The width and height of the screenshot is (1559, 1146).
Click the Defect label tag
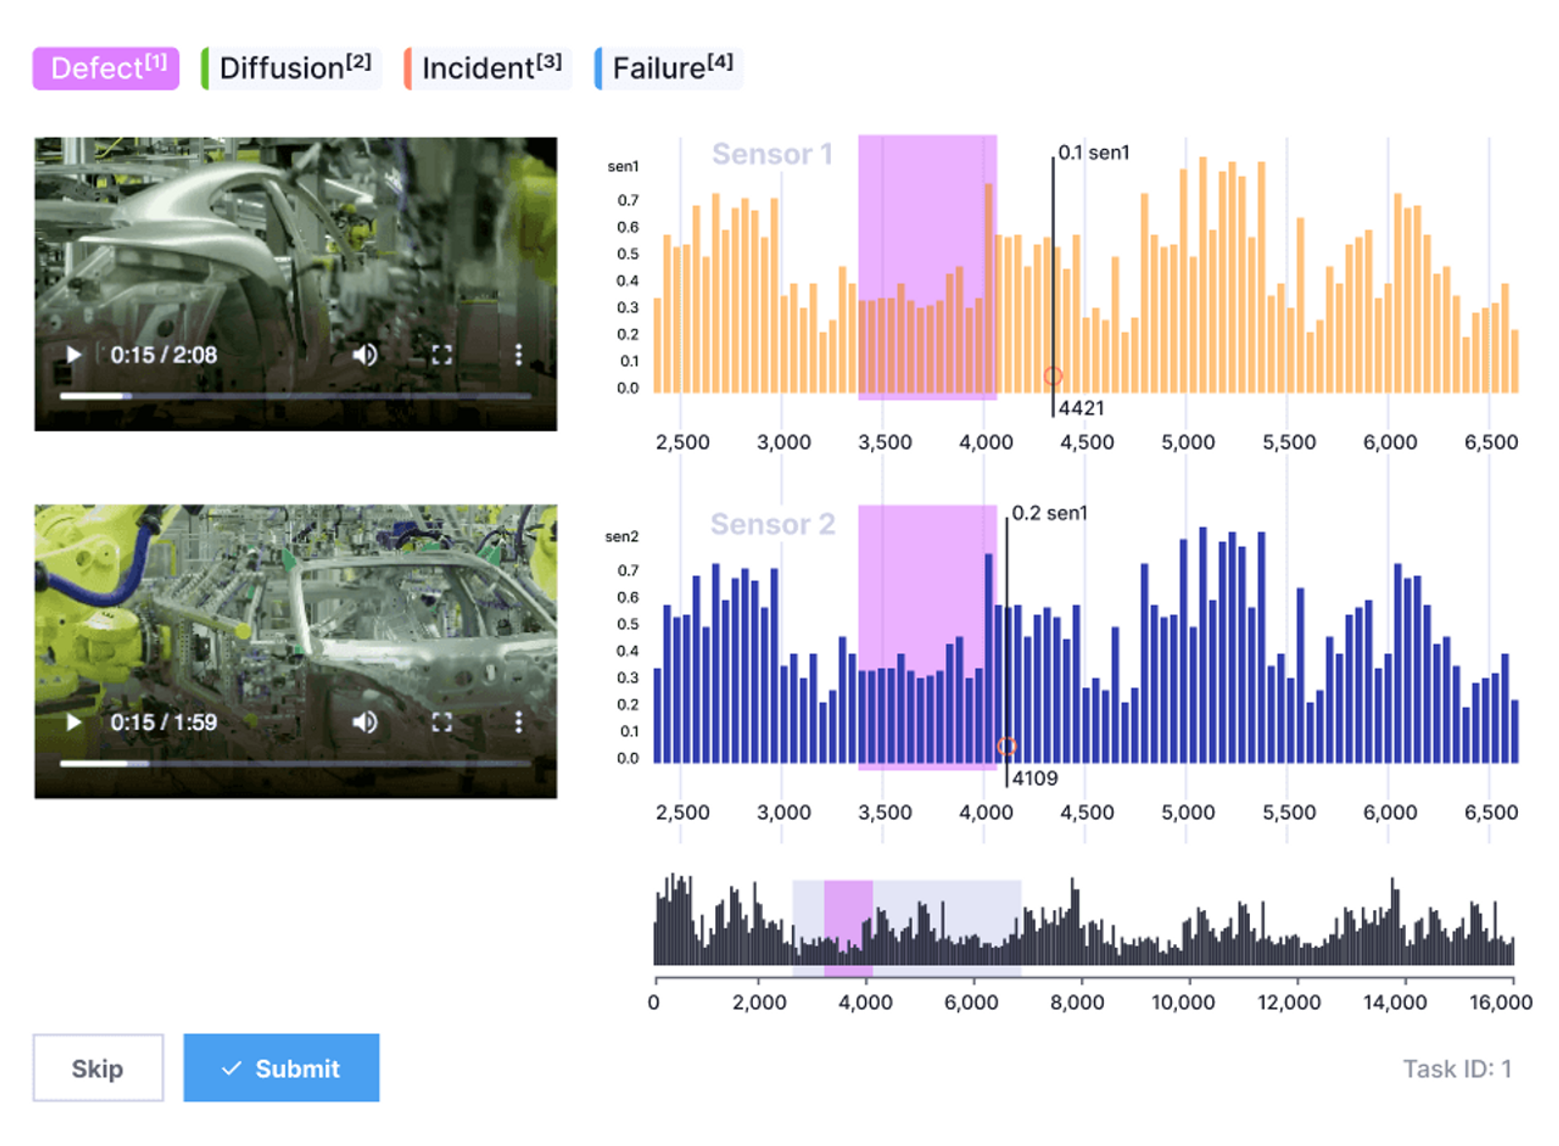106,69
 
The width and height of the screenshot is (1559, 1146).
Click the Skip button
98,1067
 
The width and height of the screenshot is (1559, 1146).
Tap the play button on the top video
74,355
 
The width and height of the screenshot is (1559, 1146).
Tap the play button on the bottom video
74,722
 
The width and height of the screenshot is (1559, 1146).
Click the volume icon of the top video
364,355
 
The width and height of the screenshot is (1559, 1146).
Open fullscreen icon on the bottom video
442,722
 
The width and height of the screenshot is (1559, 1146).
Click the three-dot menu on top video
518,355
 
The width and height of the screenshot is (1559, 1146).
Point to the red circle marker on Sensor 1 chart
1052,376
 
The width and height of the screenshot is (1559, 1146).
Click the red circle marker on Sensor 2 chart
1007,747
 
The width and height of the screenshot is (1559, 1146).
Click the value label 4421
1081,408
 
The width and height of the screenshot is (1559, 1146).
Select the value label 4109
1035,778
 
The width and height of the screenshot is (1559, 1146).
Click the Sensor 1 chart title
772,154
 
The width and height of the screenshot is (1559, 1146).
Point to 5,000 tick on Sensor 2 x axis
1188,812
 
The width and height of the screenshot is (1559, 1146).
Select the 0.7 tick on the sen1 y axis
628,200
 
